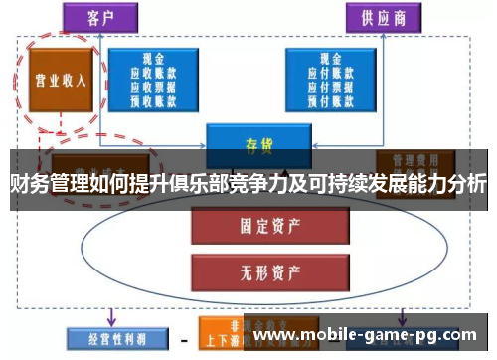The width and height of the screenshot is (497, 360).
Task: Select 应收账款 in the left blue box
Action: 153,72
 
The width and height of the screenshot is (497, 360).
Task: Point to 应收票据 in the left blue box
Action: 153,85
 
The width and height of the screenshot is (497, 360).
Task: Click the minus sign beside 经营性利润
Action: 184,339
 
